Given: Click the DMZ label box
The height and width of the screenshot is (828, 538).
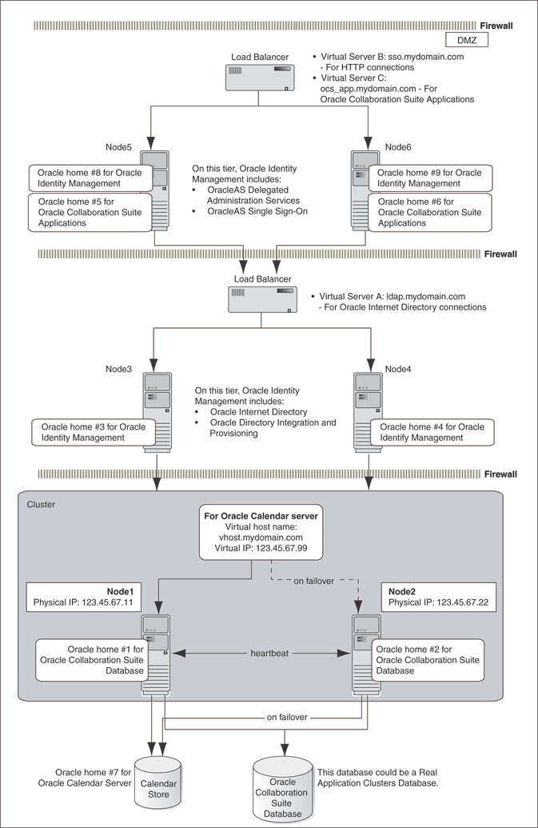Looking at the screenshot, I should coord(467,41).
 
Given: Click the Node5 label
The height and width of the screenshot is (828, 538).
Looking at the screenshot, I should coord(122,147).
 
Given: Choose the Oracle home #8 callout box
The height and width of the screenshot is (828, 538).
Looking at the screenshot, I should coord(90,178).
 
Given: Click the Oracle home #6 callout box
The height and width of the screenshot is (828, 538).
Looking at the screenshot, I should coord(429,213).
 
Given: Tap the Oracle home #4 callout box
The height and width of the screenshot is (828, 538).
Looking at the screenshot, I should coord(430,433).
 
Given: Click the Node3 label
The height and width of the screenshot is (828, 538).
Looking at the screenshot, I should coord(119,369).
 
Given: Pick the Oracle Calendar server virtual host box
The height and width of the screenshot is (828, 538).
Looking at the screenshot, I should coord(261,534).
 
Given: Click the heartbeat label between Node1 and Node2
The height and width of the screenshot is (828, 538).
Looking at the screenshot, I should coord(269,654).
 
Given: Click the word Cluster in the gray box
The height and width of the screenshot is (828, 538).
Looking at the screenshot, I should coord(42,505).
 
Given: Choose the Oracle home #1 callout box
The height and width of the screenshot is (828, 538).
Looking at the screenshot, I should coord(94,660).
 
